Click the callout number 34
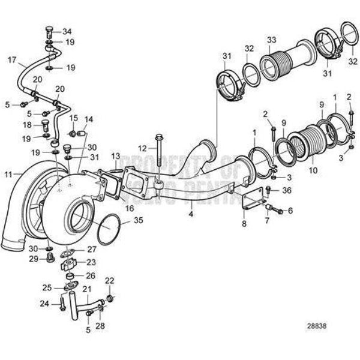[67, 31]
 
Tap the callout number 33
[271, 40]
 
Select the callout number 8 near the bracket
[245, 223]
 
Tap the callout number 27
[92, 249]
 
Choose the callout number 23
[91, 262]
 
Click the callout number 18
[26, 124]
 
